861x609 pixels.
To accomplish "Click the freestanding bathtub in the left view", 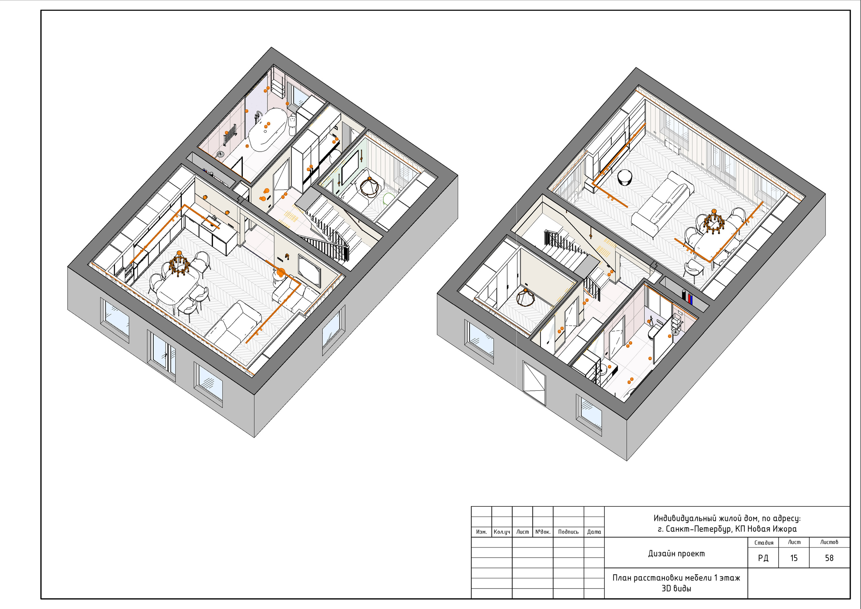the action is coord(267,129).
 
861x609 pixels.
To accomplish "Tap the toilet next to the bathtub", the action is coord(293,125).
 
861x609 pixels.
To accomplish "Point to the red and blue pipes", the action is coord(687,297).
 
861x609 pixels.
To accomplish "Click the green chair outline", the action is coord(388,198).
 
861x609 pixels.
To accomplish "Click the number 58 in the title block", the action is coord(829,558).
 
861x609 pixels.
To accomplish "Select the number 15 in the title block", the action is coord(794,558).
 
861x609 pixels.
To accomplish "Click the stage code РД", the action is coord(763,558).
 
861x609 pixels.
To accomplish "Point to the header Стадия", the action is coord(764,543).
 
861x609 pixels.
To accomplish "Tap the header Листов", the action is coord(829,542).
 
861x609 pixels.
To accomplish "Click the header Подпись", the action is coord(568,532).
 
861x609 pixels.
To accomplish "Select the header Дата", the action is coord(594,532).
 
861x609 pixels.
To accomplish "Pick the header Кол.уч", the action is coord(502,532).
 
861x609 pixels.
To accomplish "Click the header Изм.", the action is coord(481,532).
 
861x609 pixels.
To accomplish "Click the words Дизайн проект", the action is coord(676,554).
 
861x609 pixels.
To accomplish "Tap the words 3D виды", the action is coord(676,588).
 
